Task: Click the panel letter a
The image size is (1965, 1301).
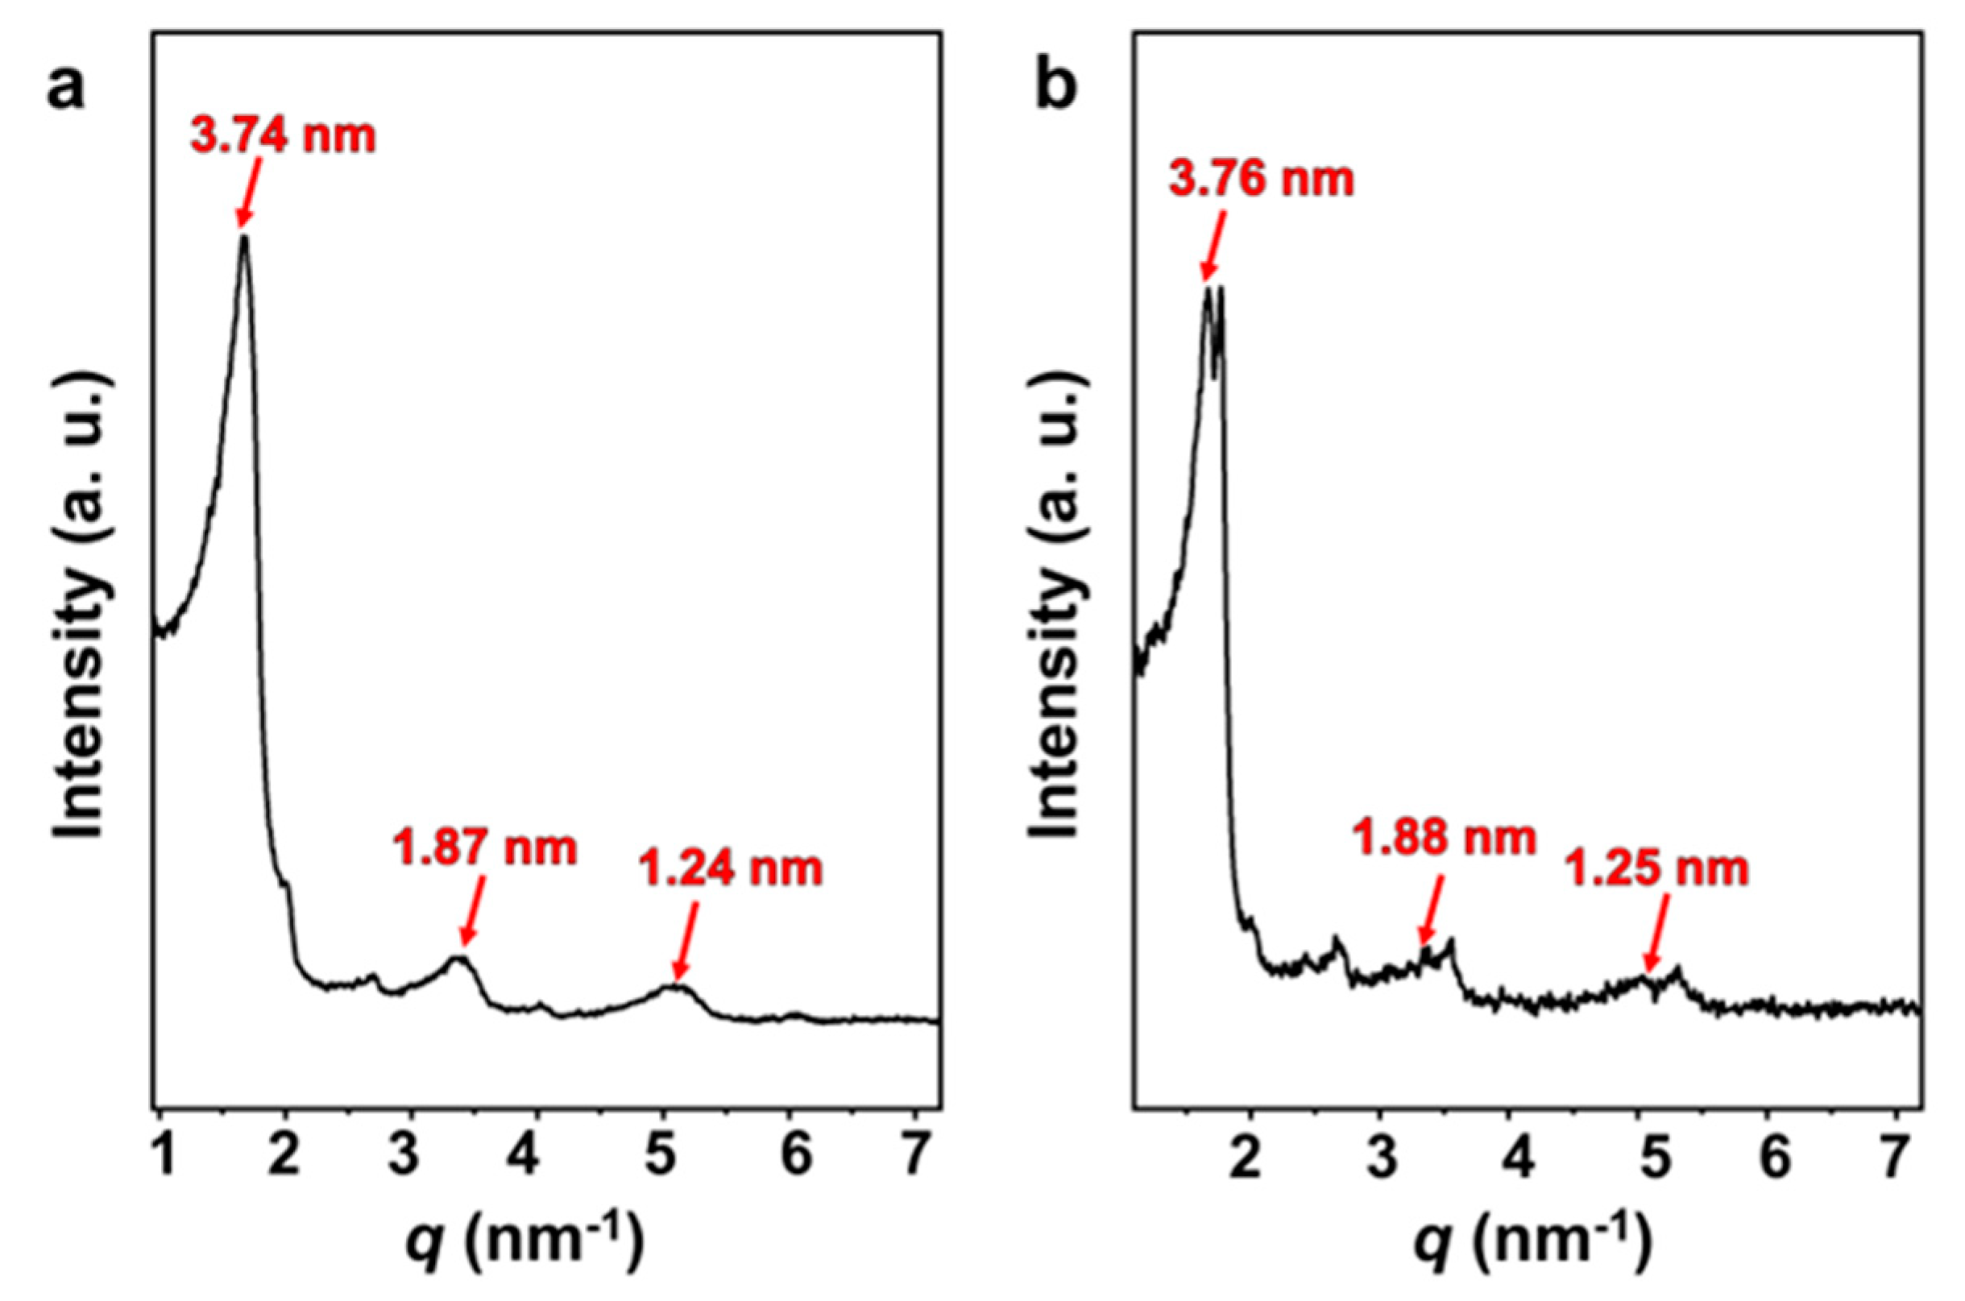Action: click(65, 90)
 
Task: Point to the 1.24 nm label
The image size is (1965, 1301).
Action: click(730, 869)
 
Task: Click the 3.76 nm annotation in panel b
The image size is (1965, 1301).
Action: click(1262, 178)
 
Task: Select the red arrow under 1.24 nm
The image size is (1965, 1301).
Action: click(688, 941)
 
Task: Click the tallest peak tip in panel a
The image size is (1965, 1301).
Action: click(244, 238)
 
